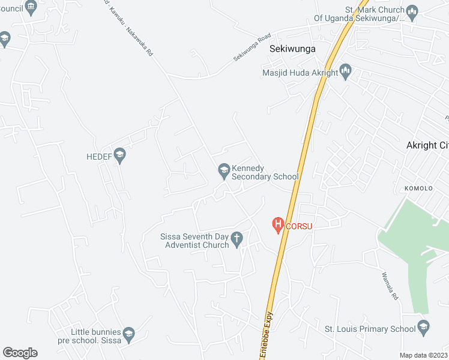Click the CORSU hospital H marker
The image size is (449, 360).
pos(278,226)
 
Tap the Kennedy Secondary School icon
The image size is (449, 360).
pos(224,172)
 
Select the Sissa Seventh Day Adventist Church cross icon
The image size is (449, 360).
pos(237,240)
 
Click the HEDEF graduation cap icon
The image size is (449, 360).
pos(119,156)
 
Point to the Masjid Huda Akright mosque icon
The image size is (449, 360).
pos(345,73)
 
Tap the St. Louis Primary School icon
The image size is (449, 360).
pos(423,328)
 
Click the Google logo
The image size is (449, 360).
pos(20,353)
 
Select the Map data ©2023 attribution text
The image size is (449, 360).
pos(424,355)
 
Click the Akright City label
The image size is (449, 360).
pos(427,145)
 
